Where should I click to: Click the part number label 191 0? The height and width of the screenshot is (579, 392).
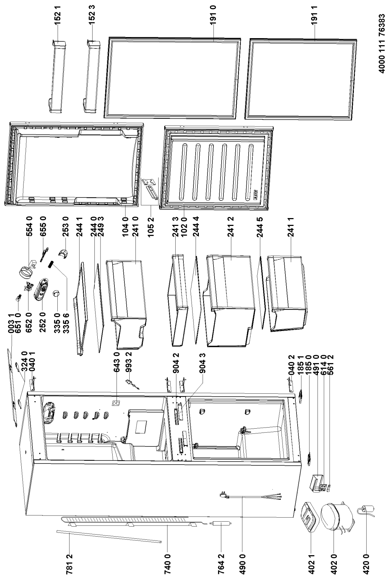coord(213,15)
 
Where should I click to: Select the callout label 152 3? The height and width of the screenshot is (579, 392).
coord(92,15)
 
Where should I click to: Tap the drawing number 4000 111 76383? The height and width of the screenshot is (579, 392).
coord(382,44)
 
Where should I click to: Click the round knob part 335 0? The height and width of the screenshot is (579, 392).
coord(57,294)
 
